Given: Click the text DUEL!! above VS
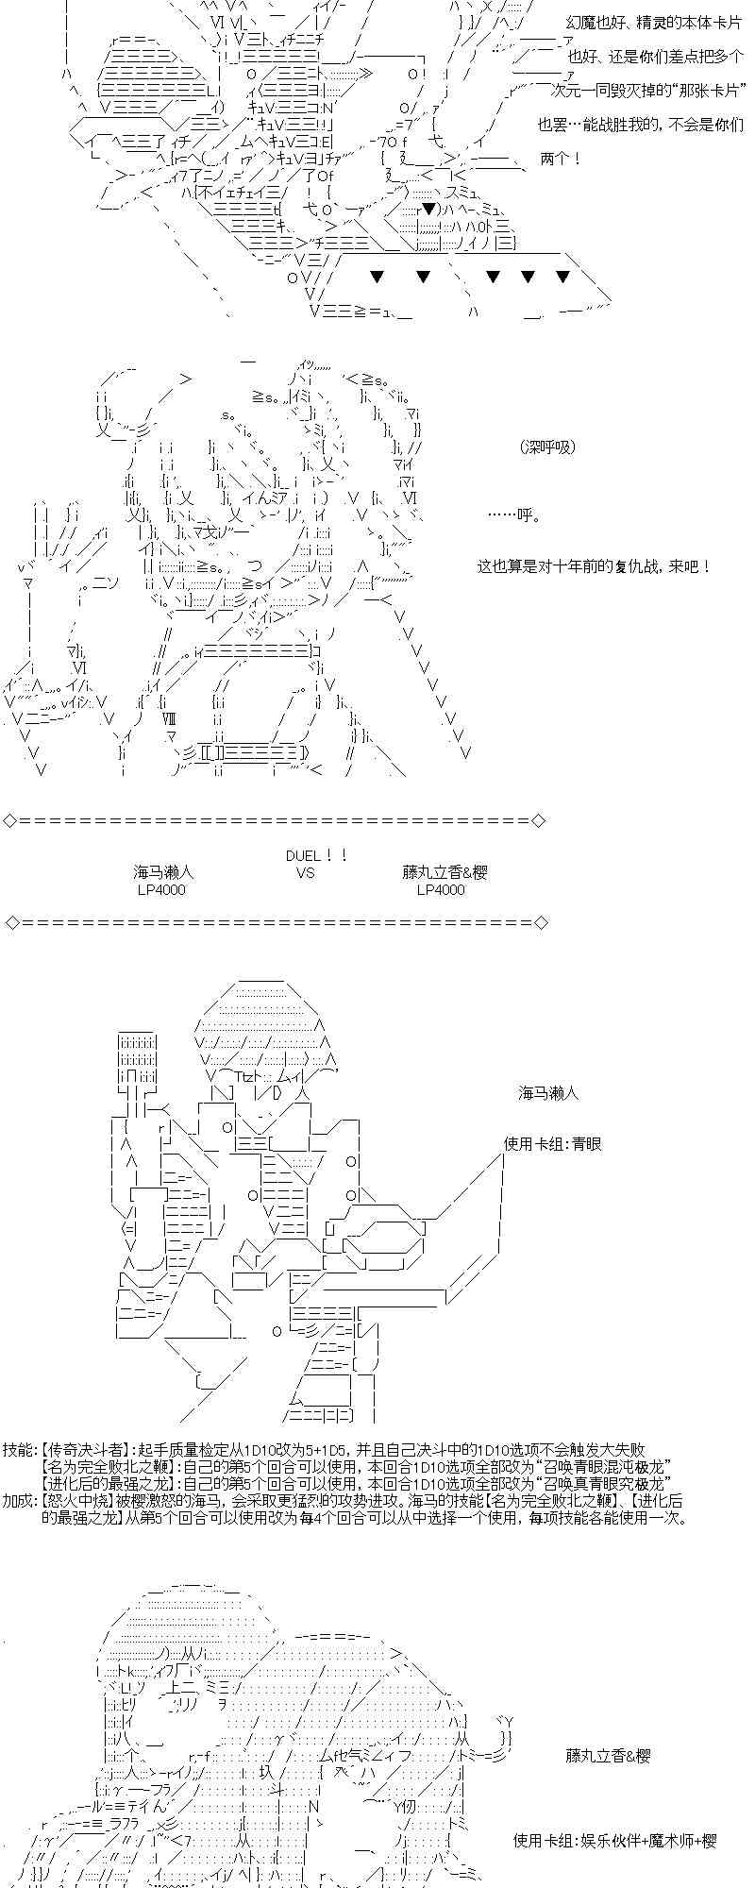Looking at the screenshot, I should click(x=317, y=855).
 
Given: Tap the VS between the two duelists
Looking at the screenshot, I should click(x=305, y=873).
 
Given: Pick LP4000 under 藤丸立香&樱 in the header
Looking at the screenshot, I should click(x=441, y=890).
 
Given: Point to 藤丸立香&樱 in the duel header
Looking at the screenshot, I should click(x=444, y=873).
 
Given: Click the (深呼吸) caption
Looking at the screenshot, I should click(x=547, y=447).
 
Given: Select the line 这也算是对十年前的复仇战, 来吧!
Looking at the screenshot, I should click(x=594, y=567).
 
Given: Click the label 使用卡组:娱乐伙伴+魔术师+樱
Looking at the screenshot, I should click(x=615, y=1841).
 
